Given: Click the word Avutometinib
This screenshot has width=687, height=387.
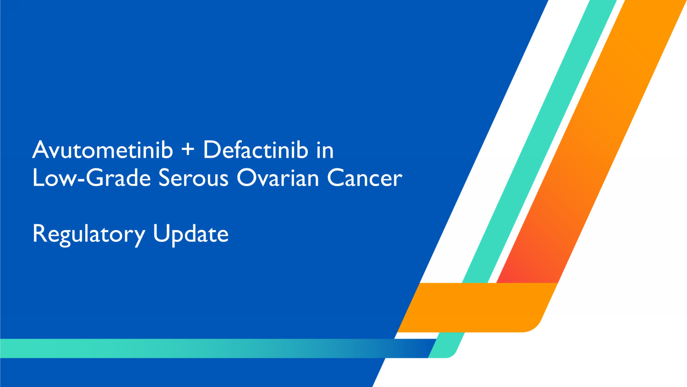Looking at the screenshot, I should click(103, 150).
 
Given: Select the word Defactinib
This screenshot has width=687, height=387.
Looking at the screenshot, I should click(256, 150).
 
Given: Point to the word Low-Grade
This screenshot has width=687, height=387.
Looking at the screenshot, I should click(92, 178).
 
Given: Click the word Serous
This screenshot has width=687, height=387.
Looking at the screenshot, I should click(193, 178).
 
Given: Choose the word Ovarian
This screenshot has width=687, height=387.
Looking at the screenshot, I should click(278, 178).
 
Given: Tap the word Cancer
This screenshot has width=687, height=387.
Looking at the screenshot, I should click(365, 178).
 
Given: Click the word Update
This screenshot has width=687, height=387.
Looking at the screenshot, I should click(191, 234).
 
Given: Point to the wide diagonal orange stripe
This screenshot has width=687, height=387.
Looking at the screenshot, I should click(595, 138).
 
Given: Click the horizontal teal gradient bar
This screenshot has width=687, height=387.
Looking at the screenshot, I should click(206, 348).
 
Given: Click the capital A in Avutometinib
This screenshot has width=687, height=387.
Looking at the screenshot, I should click(40, 150).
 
